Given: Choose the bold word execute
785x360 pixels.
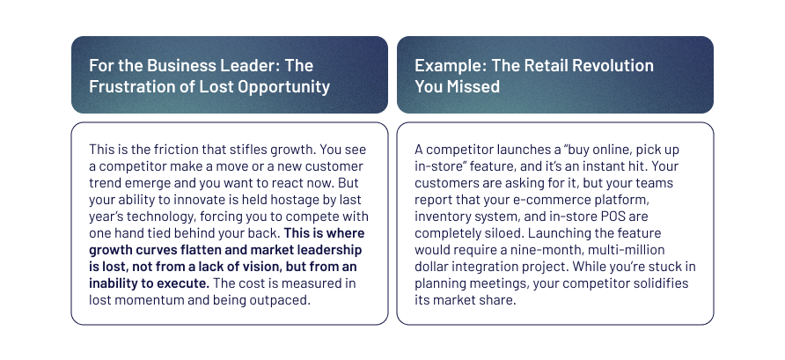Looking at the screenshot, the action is point(183,283).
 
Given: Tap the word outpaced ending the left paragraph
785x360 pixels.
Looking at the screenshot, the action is point(284,300).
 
